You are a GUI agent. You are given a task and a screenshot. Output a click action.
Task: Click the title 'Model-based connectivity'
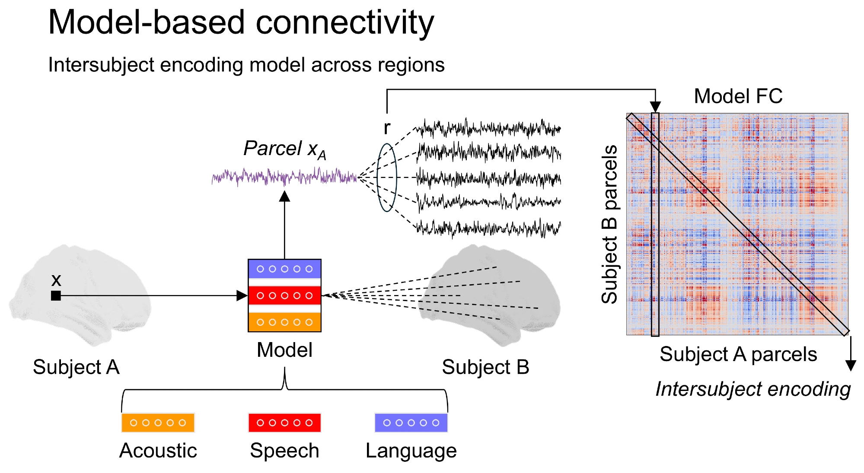[x=241, y=22]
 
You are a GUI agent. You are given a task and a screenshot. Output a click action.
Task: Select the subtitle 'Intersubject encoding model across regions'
[x=246, y=65]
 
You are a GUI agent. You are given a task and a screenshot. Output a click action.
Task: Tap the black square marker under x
[x=56, y=295]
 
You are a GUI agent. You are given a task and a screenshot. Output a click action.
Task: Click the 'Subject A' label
[x=76, y=367]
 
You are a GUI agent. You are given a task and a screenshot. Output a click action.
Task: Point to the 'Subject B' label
[x=485, y=367]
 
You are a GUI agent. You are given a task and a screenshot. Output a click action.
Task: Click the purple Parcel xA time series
[x=284, y=177]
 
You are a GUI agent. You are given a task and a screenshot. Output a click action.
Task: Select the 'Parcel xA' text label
[x=284, y=149]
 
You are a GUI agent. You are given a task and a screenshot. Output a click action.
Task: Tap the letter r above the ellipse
[x=387, y=127]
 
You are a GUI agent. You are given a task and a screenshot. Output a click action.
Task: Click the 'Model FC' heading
[x=738, y=96]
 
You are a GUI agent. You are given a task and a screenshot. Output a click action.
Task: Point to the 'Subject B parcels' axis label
[x=610, y=224]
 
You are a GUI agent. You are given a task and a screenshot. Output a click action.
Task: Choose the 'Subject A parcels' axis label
[x=738, y=354]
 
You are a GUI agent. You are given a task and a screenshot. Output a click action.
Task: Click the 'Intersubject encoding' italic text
[x=753, y=389]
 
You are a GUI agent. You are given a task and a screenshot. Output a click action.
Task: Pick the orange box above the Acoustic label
[x=158, y=422]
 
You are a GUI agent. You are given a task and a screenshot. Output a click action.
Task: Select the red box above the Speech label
[x=284, y=422]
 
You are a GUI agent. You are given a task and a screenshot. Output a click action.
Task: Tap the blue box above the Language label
[x=411, y=422]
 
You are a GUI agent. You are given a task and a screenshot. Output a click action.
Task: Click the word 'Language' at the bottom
[x=411, y=451]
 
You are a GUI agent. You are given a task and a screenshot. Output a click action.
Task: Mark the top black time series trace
[x=488, y=128]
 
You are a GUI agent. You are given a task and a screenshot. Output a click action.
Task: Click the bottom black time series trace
[x=488, y=228]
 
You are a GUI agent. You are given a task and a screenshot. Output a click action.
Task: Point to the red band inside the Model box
[x=284, y=295]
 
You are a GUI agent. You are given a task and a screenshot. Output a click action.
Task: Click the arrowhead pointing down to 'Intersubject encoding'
[x=851, y=365]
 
